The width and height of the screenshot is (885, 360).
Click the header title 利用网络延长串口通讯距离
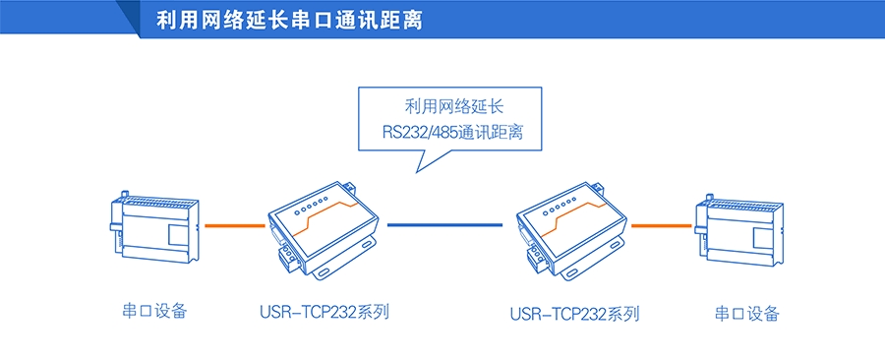pos(289,21)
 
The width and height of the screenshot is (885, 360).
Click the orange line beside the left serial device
pos(234,225)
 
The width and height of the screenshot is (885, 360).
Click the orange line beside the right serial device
pos(661,225)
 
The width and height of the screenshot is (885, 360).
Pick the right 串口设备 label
pos(747,314)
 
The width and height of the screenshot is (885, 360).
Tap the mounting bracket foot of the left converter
pos(359,253)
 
